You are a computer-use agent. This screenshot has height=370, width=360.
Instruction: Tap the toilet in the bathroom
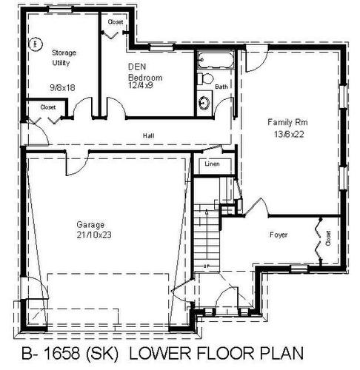click(x=207, y=80)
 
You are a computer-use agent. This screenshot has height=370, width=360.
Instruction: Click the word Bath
click(x=221, y=87)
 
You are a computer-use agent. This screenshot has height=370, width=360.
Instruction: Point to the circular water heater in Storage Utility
click(x=34, y=44)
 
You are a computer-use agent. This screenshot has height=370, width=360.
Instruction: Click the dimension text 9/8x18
click(x=63, y=87)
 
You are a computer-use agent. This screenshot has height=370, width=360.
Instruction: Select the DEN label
click(x=136, y=67)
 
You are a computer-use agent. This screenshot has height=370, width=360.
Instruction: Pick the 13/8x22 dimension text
click(x=284, y=134)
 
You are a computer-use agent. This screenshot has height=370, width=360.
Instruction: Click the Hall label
click(x=149, y=136)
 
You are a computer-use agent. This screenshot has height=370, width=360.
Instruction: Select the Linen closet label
click(x=213, y=164)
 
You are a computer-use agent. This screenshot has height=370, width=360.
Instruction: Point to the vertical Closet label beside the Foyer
click(x=327, y=237)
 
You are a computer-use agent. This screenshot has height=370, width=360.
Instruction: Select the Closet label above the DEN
click(x=116, y=22)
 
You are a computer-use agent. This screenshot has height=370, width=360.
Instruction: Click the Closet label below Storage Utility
click(x=48, y=107)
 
